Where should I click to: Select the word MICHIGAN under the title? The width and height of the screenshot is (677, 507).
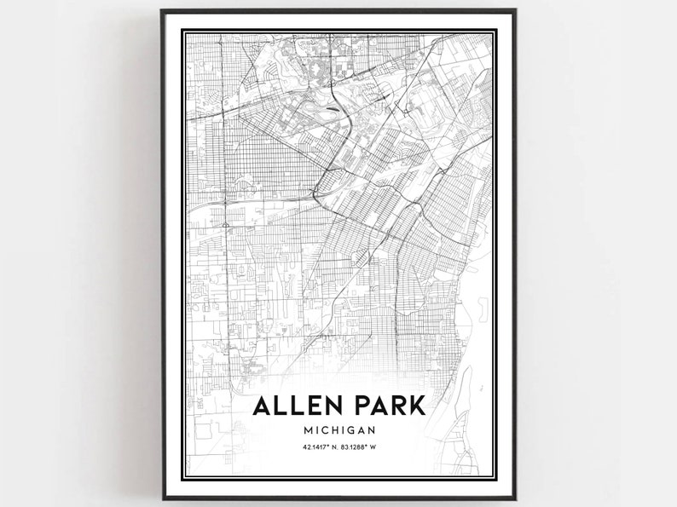tap(338, 431)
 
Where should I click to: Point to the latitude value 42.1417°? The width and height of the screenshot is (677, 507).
tap(309, 450)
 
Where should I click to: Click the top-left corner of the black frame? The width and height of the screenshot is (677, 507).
tap(162, 10)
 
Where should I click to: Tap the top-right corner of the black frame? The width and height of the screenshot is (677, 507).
tap(516, 10)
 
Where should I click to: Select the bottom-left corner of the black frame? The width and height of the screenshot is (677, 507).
tap(162, 498)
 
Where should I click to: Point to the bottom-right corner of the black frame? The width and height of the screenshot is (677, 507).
tap(516, 498)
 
